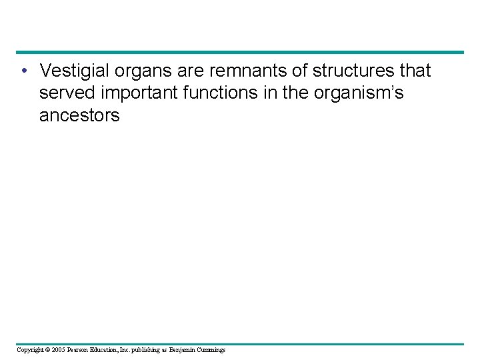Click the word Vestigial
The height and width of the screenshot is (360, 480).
click(x=72, y=71)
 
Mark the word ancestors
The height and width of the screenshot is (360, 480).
click(x=79, y=115)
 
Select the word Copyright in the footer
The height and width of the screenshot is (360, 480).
click(x=29, y=349)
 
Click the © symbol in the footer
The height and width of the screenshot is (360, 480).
click(x=48, y=349)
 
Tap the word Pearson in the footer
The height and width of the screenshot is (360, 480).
click(x=77, y=349)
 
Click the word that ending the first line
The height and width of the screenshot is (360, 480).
click(x=413, y=71)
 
